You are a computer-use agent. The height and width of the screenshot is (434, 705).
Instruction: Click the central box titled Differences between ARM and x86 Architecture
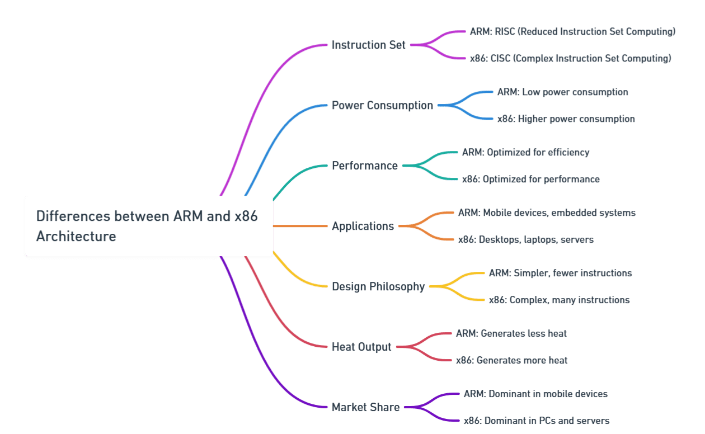coord(148,226)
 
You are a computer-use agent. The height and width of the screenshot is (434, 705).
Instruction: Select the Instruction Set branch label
coord(368,45)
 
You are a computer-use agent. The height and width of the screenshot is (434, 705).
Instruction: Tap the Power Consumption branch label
coord(382,105)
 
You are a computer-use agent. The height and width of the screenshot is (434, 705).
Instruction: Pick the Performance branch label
coord(365,166)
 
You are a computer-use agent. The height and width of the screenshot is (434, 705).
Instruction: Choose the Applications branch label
coord(363,226)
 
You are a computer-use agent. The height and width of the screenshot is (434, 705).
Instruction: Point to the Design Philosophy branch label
coord(378,286)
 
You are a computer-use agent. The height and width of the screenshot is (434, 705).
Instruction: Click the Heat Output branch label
coord(361,347)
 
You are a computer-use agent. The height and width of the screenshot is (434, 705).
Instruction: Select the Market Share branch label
coord(365,407)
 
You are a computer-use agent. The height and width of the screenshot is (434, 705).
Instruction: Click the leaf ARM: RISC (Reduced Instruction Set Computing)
coord(572,32)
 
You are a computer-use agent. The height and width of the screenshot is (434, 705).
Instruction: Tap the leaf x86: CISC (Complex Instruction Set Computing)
coord(570,58)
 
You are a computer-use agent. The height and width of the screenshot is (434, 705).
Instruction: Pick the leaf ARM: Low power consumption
coord(562,92)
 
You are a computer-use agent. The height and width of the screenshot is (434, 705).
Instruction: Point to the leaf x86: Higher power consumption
coord(566,119)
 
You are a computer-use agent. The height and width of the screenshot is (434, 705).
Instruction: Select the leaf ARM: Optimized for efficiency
coord(525,152)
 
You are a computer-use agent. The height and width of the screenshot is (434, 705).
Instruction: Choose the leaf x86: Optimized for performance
coord(530,179)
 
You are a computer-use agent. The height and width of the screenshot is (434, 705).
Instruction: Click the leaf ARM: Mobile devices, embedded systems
coord(547,213)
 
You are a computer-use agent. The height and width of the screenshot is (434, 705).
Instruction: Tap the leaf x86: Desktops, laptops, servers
coord(525,239)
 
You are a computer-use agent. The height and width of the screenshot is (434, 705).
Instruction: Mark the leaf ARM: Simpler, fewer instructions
coord(560,273)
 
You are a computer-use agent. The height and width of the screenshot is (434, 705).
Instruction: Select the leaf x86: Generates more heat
coord(511,360)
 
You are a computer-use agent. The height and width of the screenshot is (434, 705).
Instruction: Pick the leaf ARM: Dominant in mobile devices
coord(535,394)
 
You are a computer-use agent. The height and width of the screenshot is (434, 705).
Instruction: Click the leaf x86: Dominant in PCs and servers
coord(536,421)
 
